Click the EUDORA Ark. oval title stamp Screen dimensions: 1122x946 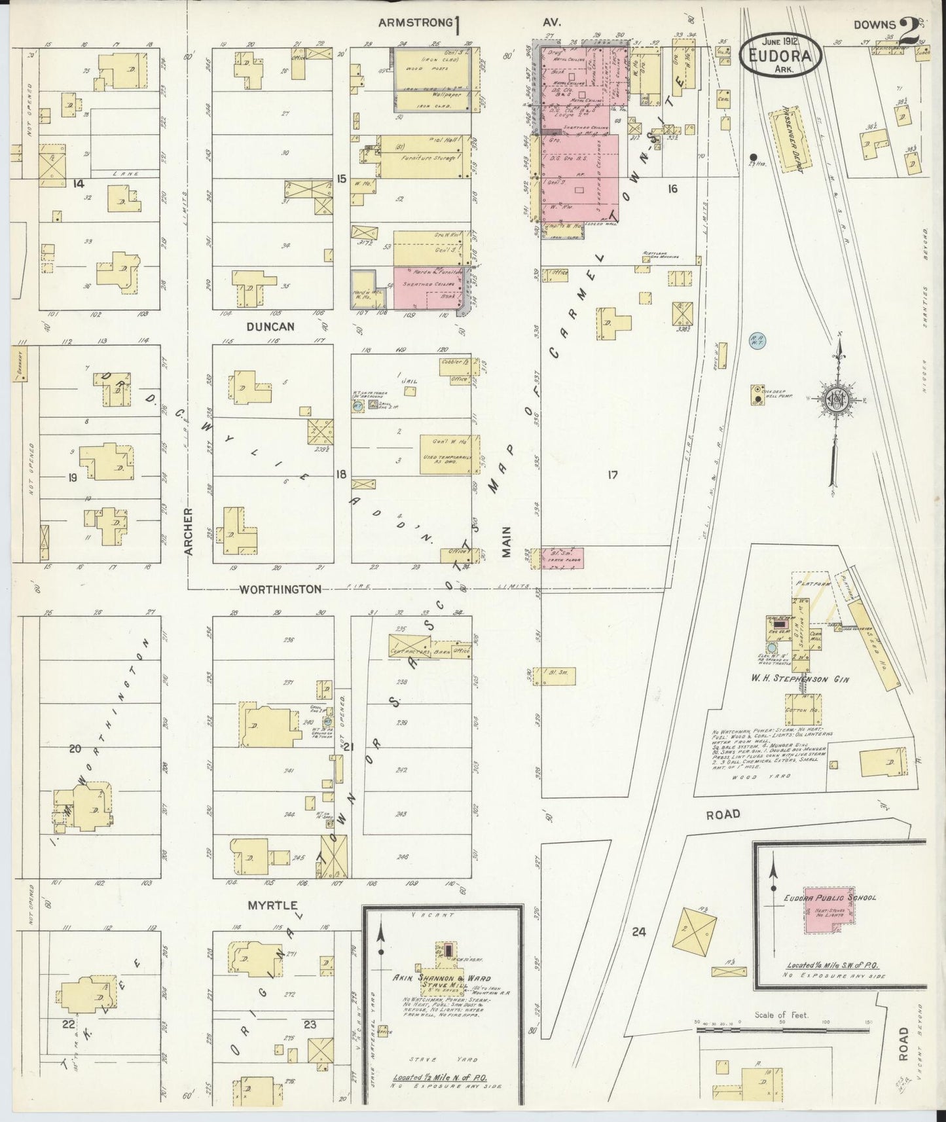click(780, 56)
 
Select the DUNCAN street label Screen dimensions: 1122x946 click(272, 325)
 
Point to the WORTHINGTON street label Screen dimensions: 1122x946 click(280, 589)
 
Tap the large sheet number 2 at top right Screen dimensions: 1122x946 click(909, 32)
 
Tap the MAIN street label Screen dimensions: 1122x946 click(506, 542)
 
